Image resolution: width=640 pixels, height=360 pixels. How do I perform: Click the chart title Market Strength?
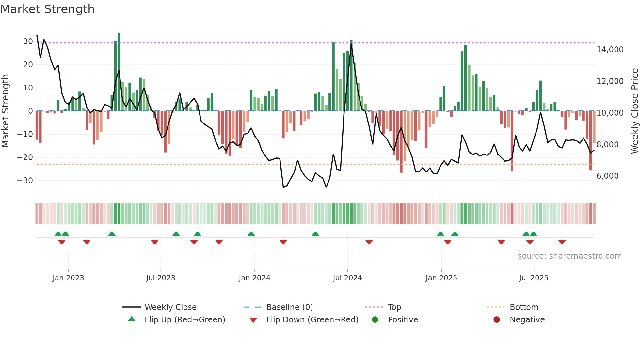click(48, 9)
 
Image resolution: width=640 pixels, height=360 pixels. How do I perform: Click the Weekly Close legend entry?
click(170, 307)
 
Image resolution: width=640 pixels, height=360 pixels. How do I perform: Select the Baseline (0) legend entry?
click(289, 307)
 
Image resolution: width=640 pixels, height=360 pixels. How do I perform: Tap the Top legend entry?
click(394, 307)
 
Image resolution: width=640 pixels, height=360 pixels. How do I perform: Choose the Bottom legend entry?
click(524, 307)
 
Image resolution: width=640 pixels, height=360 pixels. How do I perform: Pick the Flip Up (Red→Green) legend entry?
click(184, 320)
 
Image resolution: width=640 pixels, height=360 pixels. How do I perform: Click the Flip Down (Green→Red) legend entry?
click(312, 320)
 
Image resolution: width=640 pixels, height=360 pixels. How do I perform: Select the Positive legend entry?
click(403, 320)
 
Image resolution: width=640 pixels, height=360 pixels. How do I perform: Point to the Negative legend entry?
click(527, 320)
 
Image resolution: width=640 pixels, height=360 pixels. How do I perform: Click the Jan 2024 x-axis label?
click(254, 278)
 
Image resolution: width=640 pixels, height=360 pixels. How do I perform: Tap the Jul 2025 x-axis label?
click(534, 278)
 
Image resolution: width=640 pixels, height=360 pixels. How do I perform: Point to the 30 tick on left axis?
click(28, 41)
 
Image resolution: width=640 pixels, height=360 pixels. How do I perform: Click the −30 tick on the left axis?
click(25, 181)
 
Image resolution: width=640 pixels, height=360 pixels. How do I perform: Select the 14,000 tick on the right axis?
click(610, 50)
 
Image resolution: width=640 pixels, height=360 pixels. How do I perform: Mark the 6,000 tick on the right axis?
click(607, 176)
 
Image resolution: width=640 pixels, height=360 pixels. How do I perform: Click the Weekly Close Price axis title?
click(634, 111)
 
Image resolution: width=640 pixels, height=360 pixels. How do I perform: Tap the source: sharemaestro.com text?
click(569, 256)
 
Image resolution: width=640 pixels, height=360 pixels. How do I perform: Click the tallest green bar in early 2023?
click(119, 72)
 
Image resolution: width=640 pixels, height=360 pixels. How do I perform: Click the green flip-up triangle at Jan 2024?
click(251, 234)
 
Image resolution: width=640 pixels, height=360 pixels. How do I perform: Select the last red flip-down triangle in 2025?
click(562, 242)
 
